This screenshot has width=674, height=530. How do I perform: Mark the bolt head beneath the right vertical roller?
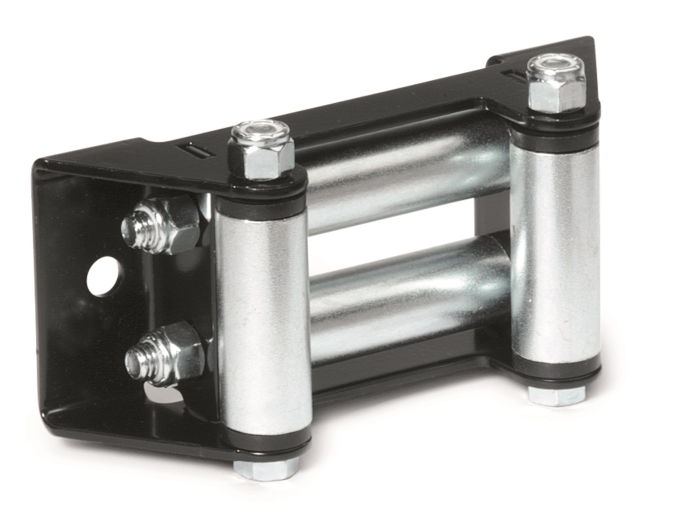[x=557, y=394]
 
